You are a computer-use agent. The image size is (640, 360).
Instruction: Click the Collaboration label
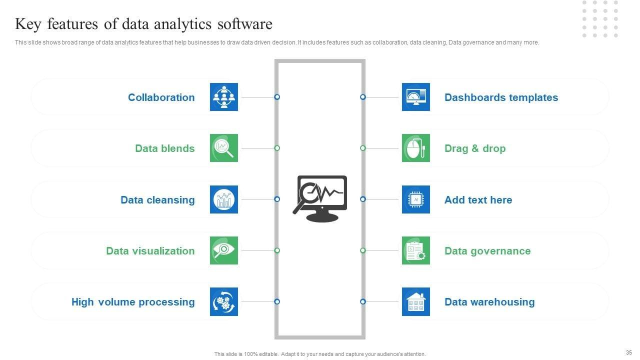161,97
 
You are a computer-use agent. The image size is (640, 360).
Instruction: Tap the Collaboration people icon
224,97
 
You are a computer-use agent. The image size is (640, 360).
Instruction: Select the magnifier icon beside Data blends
224,148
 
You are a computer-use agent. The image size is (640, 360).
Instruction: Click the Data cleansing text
157,200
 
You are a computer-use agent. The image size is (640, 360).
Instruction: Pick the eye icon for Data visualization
224,250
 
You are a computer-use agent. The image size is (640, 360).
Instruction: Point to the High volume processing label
133,302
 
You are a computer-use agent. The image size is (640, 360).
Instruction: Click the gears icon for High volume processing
224,302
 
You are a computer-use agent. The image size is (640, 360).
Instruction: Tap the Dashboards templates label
501,97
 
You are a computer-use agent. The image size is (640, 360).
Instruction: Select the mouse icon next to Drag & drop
416,148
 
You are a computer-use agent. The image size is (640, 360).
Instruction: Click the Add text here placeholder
478,200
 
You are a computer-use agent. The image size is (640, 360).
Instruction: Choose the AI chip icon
416,199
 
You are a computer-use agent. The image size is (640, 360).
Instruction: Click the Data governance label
487,251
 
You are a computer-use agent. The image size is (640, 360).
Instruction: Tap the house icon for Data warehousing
416,302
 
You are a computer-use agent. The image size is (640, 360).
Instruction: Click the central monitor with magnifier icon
320,198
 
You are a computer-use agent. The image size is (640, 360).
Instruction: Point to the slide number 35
628,352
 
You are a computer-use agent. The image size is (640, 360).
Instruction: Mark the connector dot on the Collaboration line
277,97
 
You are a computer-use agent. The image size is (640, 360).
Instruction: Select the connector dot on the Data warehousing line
363,301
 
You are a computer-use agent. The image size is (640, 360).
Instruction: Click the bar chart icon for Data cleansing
224,199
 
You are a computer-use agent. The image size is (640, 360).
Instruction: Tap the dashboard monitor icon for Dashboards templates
416,97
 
